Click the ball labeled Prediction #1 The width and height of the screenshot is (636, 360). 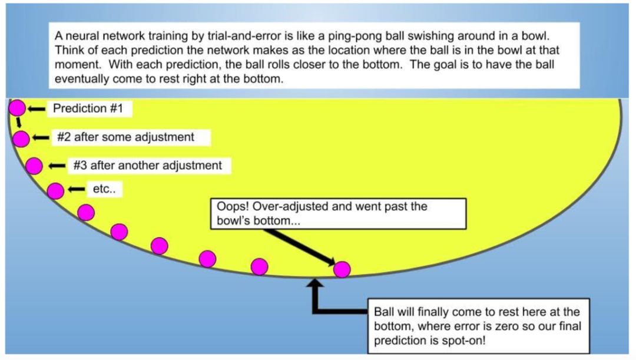pyautogui.click(x=17, y=108)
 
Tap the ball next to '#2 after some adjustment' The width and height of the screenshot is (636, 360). pyautogui.click(x=21, y=138)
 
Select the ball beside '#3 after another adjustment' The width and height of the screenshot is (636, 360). pyautogui.click(x=34, y=166)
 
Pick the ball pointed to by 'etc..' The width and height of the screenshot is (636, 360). pyautogui.click(x=55, y=190)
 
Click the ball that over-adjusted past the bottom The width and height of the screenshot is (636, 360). pyautogui.click(x=342, y=269)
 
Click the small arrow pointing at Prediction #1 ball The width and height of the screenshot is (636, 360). pyautogui.click(x=37, y=108)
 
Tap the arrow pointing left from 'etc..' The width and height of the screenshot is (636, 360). pyautogui.click(x=77, y=190)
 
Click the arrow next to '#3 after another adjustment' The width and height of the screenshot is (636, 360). pyautogui.click(x=58, y=166)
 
